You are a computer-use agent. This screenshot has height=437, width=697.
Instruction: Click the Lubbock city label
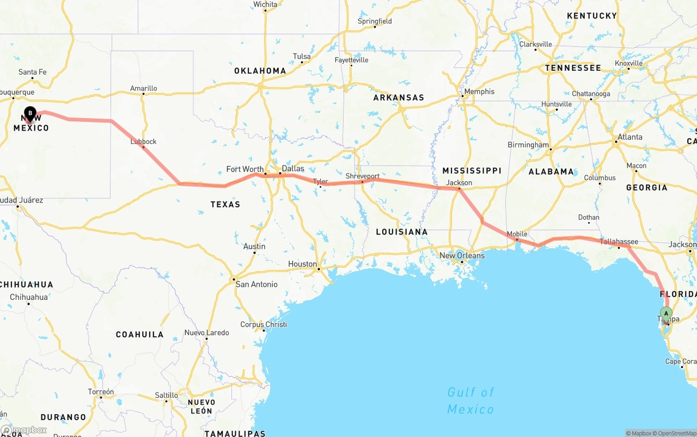[143, 141]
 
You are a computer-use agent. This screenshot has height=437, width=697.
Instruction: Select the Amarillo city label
[143, 88]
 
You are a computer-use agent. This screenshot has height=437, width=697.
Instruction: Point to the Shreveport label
[363, 176]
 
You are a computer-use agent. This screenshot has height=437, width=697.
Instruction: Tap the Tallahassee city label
[619, 242]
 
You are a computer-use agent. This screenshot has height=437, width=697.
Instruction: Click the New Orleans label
[462, 255]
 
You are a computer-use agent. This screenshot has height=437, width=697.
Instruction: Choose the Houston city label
[302, 264]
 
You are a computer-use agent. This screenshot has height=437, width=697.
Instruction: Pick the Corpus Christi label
[264, 324]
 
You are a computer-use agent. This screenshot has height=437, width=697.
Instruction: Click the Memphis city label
[479, 91]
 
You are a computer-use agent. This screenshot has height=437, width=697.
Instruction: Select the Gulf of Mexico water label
[470, 401]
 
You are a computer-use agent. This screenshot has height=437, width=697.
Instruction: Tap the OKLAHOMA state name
[260, 71]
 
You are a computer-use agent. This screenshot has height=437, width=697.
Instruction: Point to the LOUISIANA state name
[402, 232]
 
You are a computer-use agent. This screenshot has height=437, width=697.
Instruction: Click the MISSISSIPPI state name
[472, 170]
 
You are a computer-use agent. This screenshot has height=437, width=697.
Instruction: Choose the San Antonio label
[256, 284]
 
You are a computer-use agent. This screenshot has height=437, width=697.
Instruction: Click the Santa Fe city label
[33, 72]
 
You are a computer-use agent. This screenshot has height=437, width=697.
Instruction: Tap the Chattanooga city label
[591, 94]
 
